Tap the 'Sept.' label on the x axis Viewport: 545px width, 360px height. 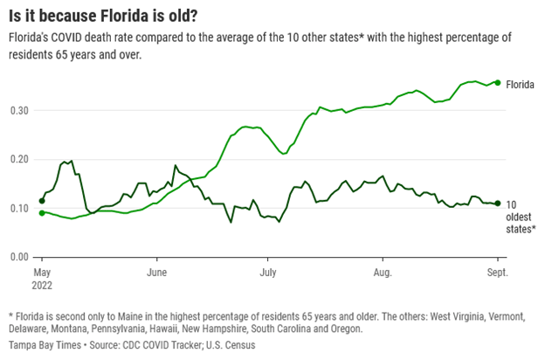[x=496, y=273]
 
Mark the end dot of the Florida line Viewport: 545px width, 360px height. [x=497, y=82]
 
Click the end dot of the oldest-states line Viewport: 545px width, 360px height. [x=497, y=203]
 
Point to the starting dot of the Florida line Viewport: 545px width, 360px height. [x=42, y=212]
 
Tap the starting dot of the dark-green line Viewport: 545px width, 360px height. [x=42, y=201]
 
